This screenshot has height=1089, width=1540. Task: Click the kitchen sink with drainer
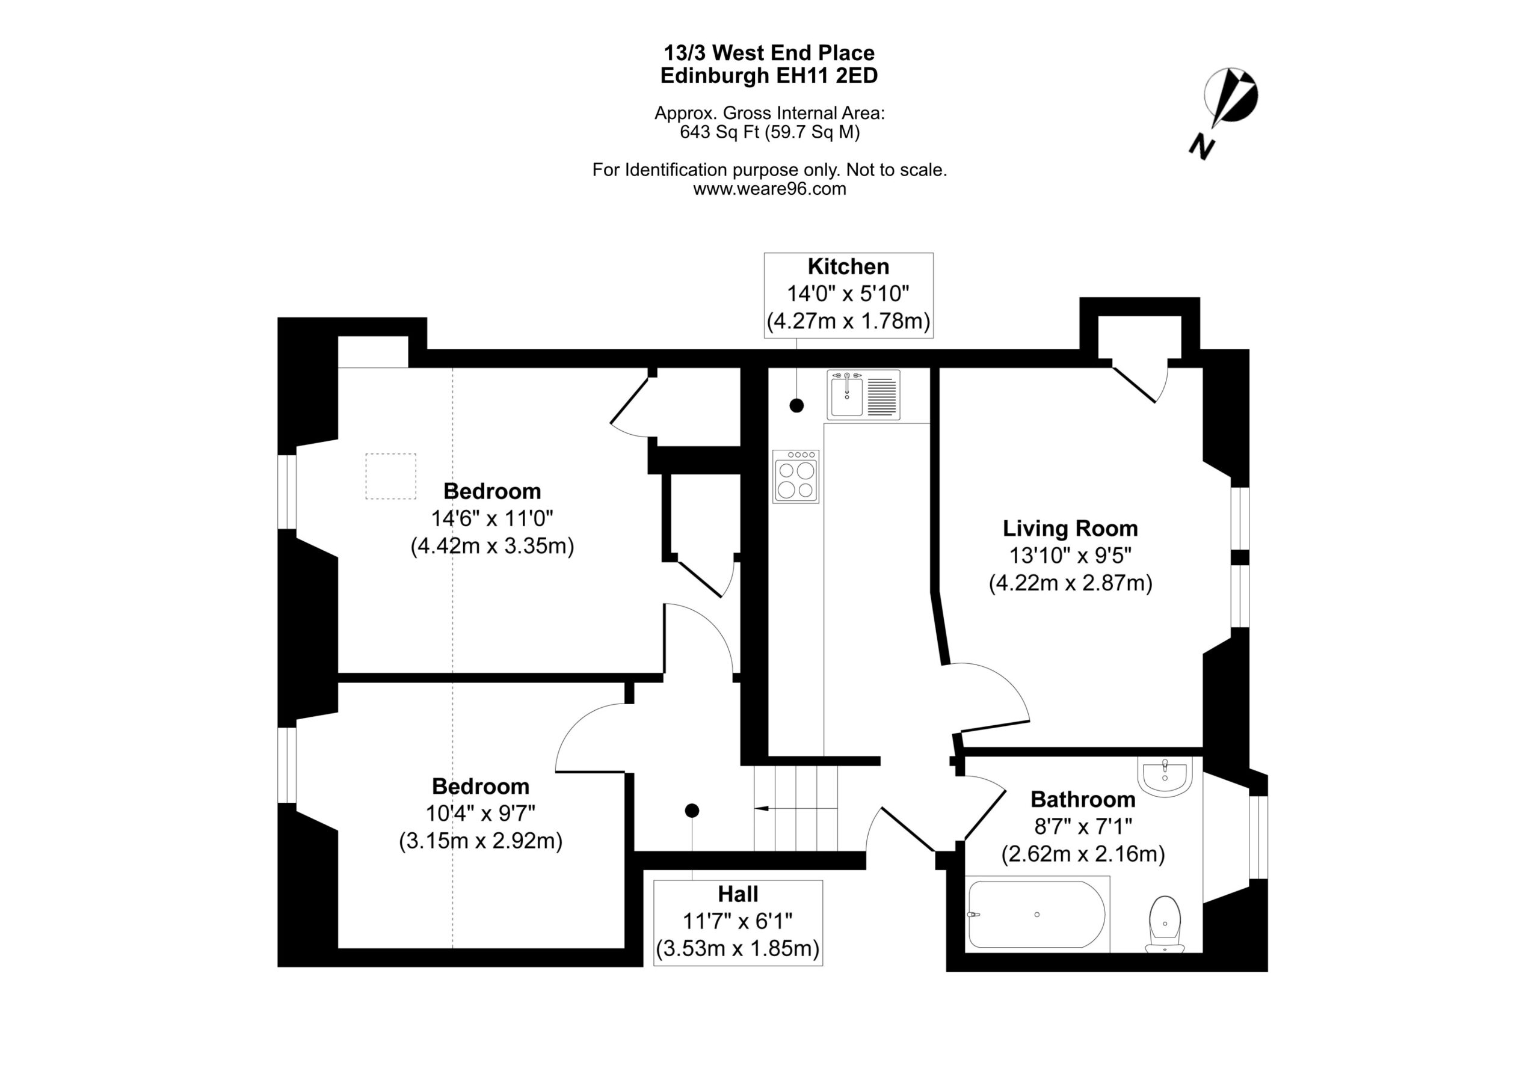(x=863, y=395)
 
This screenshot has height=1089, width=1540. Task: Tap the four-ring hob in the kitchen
(x=795, y=476)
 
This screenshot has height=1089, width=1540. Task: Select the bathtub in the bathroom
(x=1036, y=914)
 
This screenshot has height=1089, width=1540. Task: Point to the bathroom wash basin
(x=1165, y=776)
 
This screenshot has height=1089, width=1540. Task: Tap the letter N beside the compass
(x=1202, y=146)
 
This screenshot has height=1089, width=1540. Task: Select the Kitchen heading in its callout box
(x=848, y=266)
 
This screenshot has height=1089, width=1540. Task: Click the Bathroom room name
(x=1083, y=799)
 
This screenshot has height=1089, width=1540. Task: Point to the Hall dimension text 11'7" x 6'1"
(x=738, y=921)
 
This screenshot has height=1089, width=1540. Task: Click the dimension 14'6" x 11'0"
(x=491, y=518)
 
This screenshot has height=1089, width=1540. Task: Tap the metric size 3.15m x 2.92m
(x=480, y=841)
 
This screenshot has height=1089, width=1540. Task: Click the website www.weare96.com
(x=769, y=189)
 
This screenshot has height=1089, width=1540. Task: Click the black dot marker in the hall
(x=692, y=811)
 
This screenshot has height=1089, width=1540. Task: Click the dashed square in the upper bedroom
(x=390, y=476)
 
